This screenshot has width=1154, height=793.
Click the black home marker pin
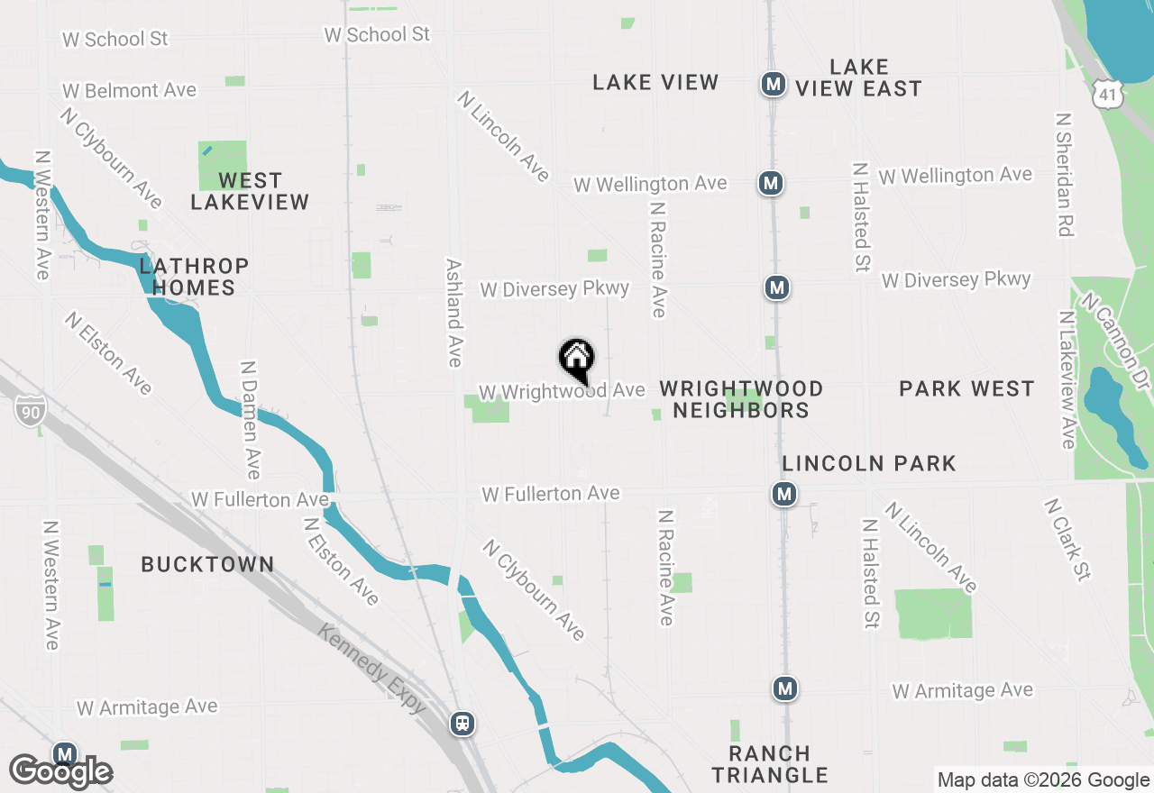[x=577, y=361]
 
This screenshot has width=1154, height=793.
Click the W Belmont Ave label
[x=129, y=90]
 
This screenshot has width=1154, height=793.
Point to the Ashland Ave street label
[x=453, y=313]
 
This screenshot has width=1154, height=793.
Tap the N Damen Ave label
[x=251, y=420]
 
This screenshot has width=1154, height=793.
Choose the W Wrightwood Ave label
[x=562, y=391]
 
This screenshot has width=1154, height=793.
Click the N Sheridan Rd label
[x=1065, y=175]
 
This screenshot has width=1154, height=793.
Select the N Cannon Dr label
[x=1116, y=342]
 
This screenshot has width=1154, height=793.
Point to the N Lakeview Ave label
[x=1068, y=379]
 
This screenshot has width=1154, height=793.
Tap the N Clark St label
[x=1068, y=540]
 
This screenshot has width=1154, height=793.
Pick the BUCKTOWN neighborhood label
[x=207, y=564]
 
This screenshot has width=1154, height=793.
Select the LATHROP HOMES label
[x=194, y=277]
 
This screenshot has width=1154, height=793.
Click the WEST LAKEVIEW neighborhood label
[x=250, y=191]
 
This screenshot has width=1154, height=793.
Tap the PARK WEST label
[x=966, y=388]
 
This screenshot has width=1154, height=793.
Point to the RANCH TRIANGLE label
[x=769, y=763]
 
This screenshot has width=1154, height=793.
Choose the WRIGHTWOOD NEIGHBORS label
[x=741, y=399]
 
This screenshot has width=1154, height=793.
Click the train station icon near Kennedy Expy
[x=463, y=723]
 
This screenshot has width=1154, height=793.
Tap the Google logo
[x=60, y=772]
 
